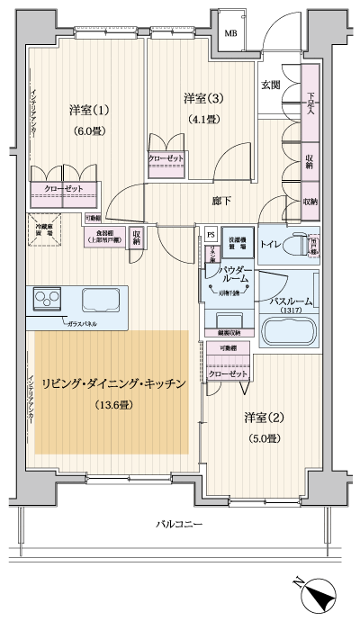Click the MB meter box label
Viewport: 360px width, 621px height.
[232, 33]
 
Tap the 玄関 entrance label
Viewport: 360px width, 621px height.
[270, 85]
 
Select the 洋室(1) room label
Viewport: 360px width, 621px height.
[88, 111]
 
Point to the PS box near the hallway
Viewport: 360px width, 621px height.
[209, 233]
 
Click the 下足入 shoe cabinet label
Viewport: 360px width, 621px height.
[310, 105]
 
